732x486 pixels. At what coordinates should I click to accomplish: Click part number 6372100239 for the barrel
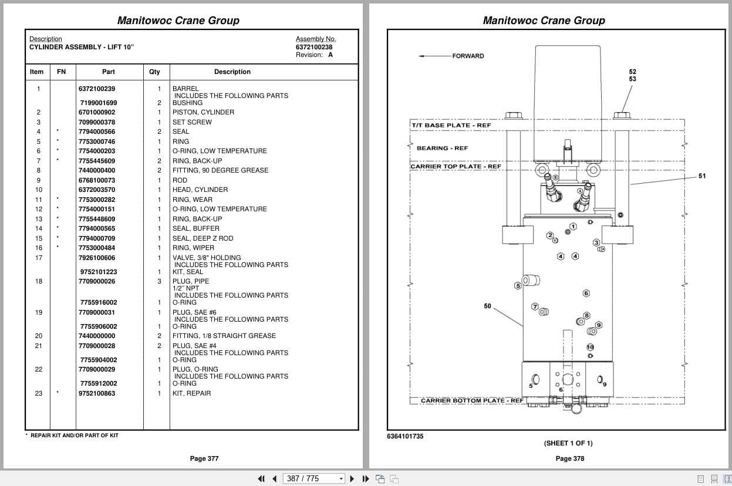point(97,89)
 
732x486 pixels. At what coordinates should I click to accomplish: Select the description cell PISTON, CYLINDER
point(203,112)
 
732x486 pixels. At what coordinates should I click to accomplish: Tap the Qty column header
point(154,72)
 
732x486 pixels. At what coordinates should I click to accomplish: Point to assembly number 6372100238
point(314,47)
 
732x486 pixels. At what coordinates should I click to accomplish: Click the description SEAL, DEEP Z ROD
point(203,238)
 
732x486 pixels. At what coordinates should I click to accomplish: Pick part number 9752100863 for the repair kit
point(97,393)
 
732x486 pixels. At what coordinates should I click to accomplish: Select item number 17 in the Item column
point(39,258)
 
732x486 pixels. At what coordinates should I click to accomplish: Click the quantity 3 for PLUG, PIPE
point(159,281)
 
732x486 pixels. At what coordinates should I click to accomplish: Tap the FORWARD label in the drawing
point(468,56)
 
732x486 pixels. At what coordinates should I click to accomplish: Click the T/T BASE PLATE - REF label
point(451,125)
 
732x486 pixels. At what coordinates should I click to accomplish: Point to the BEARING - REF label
point(442,148)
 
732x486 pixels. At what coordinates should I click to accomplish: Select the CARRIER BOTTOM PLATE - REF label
point(472,400)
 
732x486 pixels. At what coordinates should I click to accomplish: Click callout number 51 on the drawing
point(702,176)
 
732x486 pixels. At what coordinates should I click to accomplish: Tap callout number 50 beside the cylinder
point(487,306)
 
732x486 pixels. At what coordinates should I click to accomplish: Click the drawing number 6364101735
point(405,436)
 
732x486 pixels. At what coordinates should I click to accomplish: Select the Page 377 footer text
point(204,458)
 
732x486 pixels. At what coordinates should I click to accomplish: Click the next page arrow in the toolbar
point(352,479)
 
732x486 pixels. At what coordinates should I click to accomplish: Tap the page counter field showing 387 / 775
point(313,479)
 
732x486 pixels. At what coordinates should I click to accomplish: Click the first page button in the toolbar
point(261,479)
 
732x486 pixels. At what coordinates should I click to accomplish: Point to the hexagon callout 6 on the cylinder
point(586,293)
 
